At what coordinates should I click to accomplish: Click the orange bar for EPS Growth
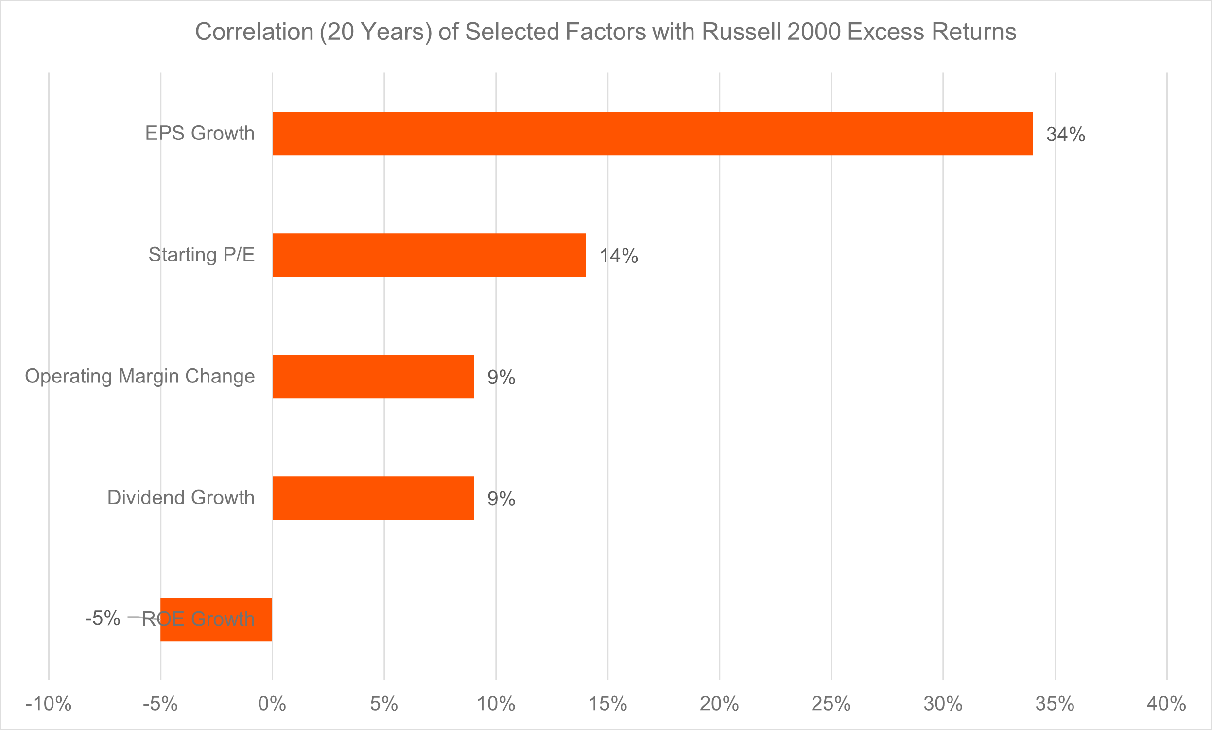(652, 133)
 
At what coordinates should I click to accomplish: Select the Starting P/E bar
(429, 255)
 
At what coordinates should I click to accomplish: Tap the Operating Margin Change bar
(373, 376)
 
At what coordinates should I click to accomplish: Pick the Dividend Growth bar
(373, 498)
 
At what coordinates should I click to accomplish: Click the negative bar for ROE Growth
(216, 619)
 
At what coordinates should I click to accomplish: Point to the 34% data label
(1065, 134)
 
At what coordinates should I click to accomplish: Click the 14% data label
(618, 256)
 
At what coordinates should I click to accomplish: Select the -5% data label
(103, 618)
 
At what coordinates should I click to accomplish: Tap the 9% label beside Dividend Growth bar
(501, 499)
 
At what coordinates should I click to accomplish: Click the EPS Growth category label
(200, 133)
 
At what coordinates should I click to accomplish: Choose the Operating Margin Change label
(139, 376)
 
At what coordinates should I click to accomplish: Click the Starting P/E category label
(202, 255)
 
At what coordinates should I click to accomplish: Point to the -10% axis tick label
(48, 704)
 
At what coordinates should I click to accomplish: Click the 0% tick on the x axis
(272, 704)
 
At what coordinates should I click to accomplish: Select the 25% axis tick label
(831, 704)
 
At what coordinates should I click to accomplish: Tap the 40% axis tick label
(1166, 704)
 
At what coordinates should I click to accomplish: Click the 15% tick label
(607, 704)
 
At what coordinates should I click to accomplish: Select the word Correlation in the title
(254, 32)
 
